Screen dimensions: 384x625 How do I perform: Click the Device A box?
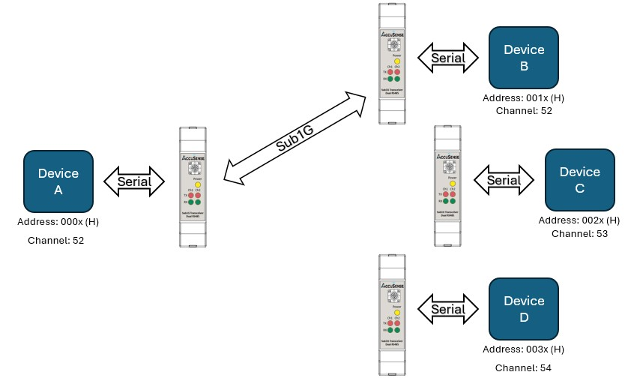(58, 181)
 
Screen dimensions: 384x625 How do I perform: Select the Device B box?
(524, 58)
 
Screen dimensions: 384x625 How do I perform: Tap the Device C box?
(579, 180)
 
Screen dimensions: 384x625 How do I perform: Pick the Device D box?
(524, 309)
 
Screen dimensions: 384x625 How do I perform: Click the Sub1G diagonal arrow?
(294, 138)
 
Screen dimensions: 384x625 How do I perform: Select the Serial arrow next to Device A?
(134, 181)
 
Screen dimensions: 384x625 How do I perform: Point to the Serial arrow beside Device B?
(448, 58)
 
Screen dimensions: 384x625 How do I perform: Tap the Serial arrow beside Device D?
(448, 309)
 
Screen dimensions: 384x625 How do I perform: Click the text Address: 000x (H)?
(58, 223)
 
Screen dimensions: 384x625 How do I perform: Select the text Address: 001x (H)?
(525, 98)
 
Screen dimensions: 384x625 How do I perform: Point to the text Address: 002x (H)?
(579, 220)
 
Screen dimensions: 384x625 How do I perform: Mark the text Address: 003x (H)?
(524, 349)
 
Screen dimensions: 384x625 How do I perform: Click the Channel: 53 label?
(579, 234)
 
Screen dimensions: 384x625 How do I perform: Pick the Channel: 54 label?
(524, 368)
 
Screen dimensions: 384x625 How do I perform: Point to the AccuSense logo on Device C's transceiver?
(448, 157)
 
